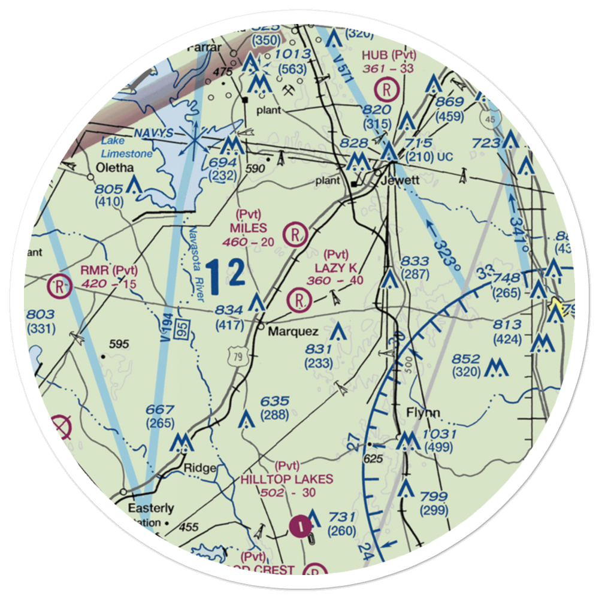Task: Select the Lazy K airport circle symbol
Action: tap(298, 299)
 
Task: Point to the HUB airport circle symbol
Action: tap(389, 90)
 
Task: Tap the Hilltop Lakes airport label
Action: tap(287, 479)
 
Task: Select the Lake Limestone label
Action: tap(126, 148)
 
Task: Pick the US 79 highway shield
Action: tap(235, 358)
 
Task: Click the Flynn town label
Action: tap(423, 413)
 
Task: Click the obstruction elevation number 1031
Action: tap(439, 434)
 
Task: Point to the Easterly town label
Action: tap(151, 508)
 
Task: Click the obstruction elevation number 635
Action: tap(275, 401)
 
